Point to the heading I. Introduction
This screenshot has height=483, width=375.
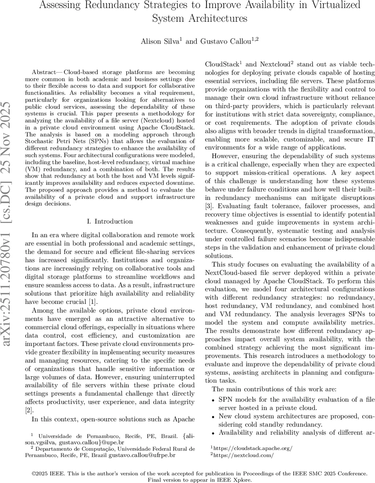(x=110, y=221)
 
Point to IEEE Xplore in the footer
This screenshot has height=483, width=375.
(x=239, y=480)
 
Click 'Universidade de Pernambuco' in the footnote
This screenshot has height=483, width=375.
(x=70, y=436)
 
